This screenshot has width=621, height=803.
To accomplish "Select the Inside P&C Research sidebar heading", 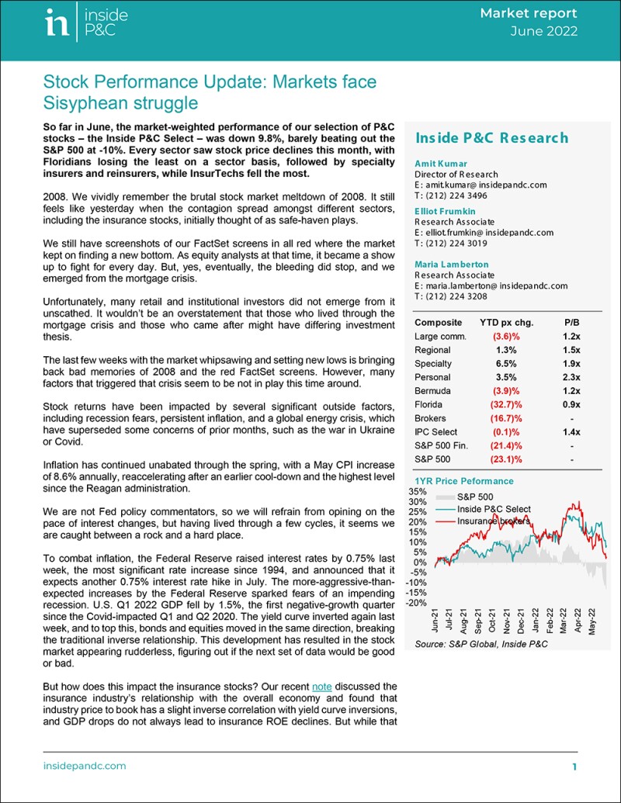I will pyautogui.click(x=491, y=138).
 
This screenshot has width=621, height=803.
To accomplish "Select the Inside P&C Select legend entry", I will pyautogui.click(x=494, y=509).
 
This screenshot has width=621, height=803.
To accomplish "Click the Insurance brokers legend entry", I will pyautogui.click(x=493, y=521).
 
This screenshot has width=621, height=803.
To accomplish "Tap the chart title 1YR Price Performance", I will pyautogui.click(x=464, y=481).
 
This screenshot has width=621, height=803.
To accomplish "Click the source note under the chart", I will pyautogui.click(x=473, y=644).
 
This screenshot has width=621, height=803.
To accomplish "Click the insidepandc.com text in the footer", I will pyautogui.click(x=84, y=766).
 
